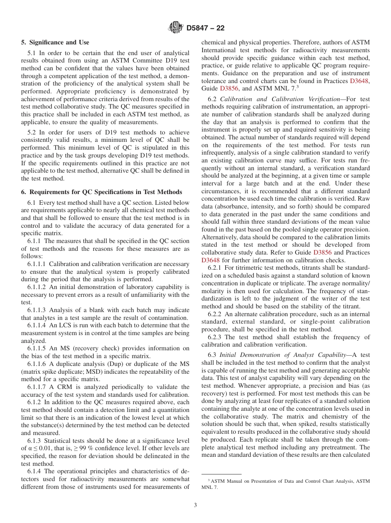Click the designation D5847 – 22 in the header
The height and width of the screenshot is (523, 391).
pos(205,28)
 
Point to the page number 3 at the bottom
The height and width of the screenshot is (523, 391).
pos(195,505)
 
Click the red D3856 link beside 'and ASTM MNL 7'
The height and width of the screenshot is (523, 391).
pos(229,88)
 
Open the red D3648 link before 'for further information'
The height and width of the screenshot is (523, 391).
pos(210,260)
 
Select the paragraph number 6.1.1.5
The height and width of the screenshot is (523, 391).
pos(37,348)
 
